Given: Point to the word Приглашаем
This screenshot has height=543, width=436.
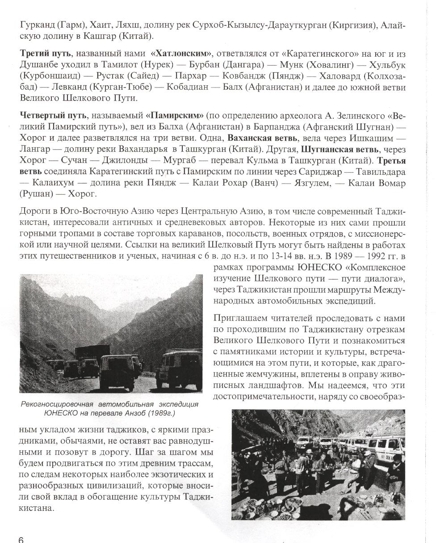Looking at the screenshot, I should click(x=242, y=318).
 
